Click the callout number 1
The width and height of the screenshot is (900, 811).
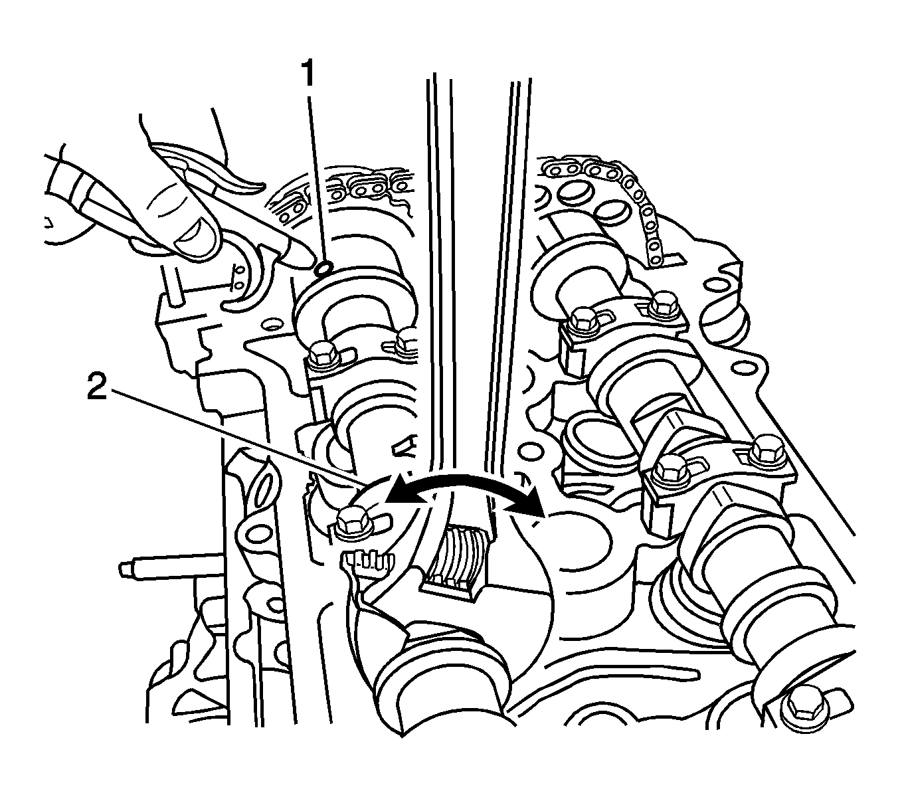(308, 74)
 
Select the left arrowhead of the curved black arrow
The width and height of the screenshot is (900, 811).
(402, 494)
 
